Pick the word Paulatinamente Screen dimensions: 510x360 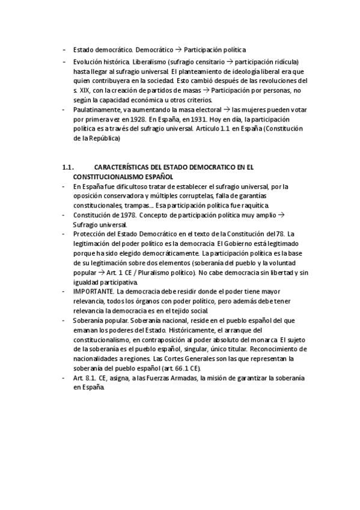tap(97, 110)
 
